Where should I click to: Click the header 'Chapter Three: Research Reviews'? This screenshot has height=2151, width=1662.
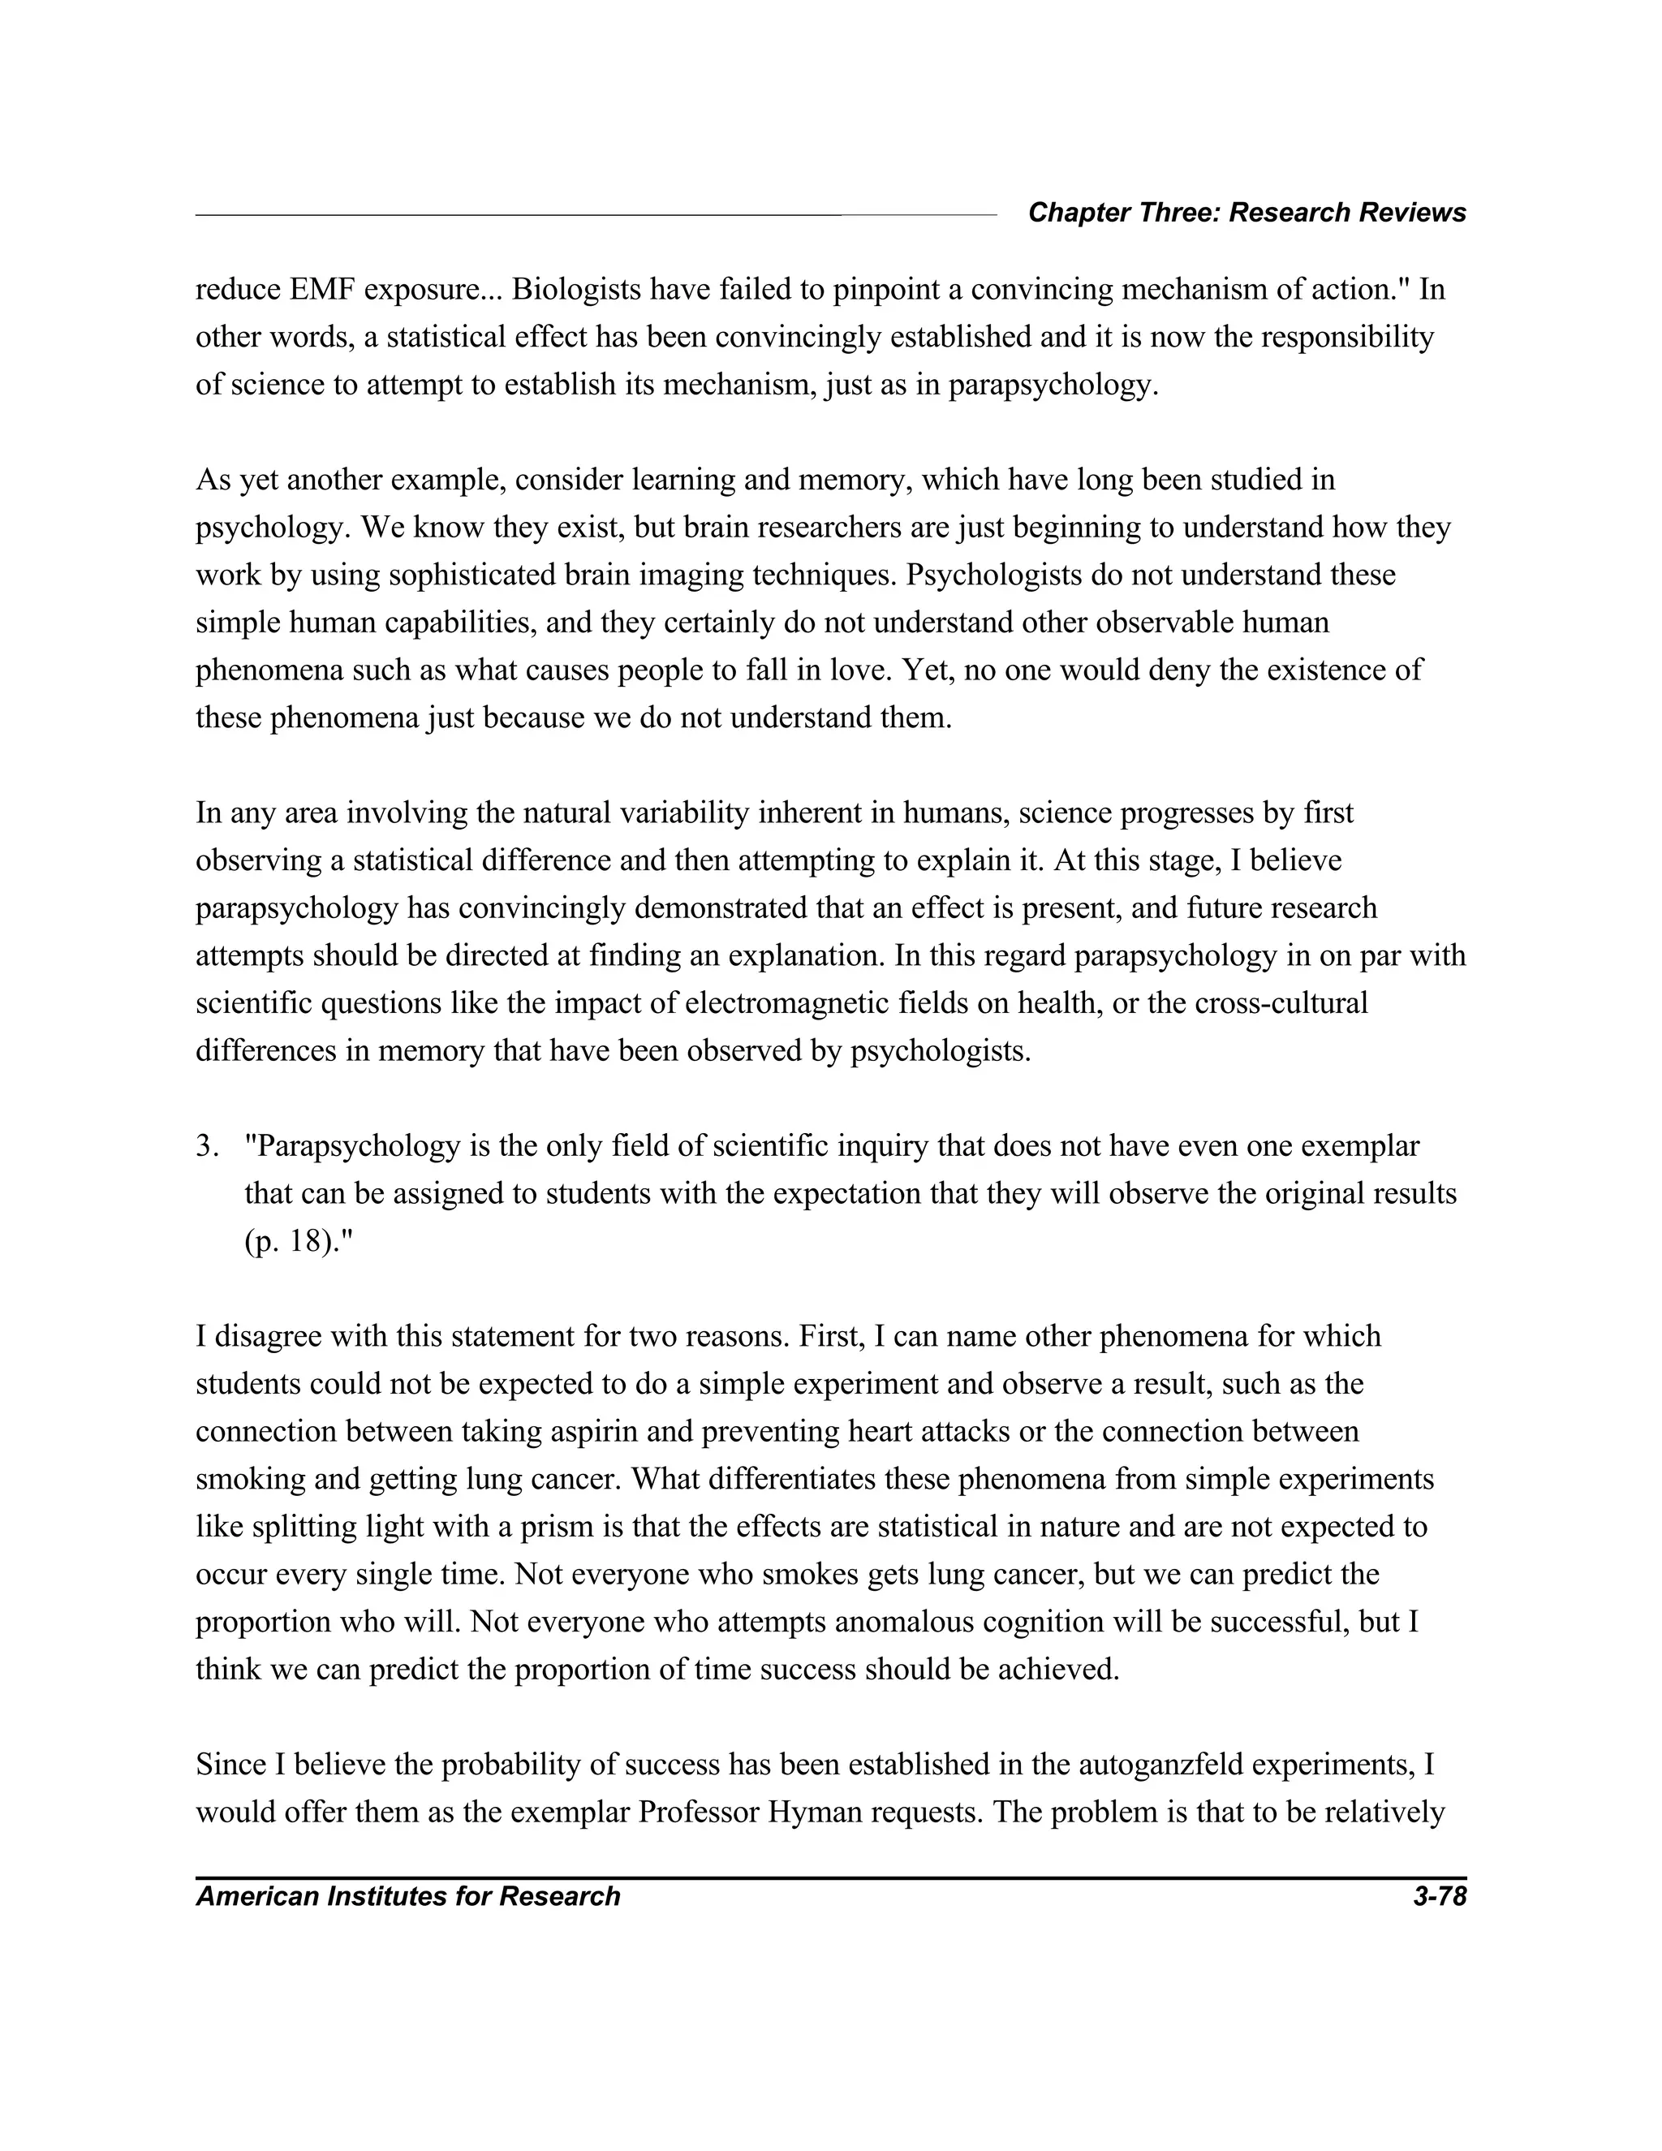click(x=1246, y=213)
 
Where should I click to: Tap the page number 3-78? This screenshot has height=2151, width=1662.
click(x=1439, y=1897)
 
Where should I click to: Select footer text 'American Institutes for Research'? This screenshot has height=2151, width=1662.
click(x=407, y=1897)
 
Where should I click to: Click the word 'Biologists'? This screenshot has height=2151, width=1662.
click(x=576, y=291)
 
